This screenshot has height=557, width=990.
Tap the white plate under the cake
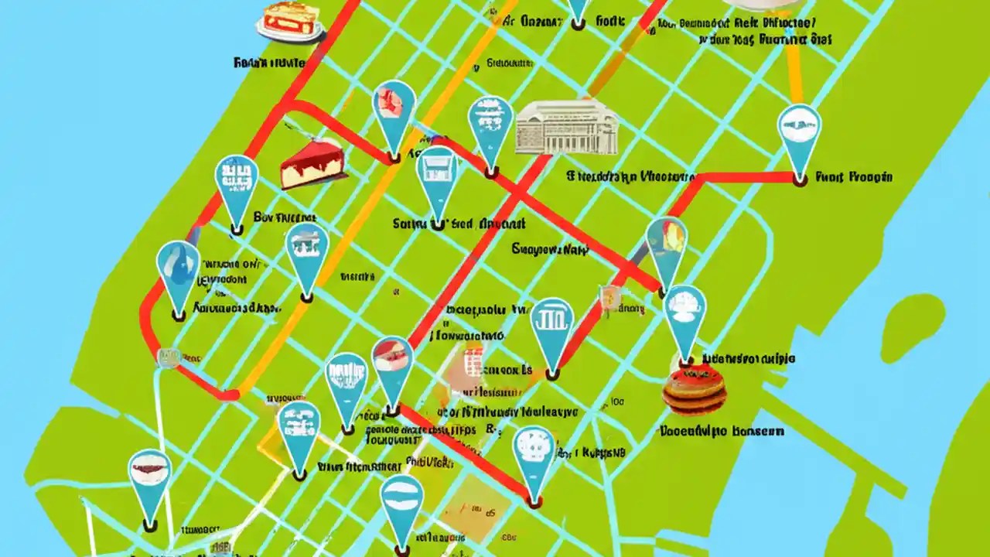click(292, 34)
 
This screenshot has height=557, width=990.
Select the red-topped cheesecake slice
click(312, 164)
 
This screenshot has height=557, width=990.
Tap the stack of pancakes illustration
click(694, 389)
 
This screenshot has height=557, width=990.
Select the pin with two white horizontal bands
click(401, 500)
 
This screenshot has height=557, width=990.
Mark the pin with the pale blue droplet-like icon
click(177, 268)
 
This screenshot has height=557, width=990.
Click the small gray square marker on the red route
click(169, 357)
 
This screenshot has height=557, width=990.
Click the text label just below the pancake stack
click(721, 432)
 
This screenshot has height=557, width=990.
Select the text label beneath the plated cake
click(269, 63)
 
